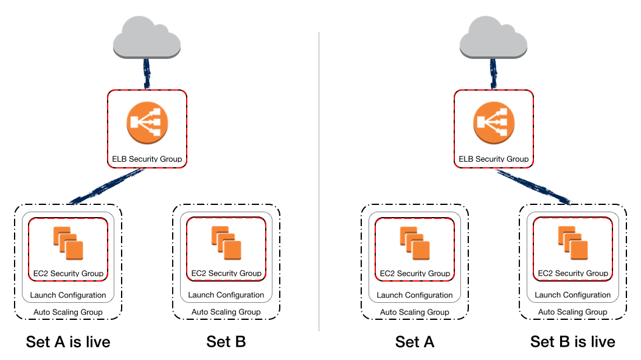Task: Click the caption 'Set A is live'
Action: click(68, 342)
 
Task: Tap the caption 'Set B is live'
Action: click(572, 342)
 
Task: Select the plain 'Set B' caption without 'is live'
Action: click(226, 342)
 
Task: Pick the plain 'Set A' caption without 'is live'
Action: click(415, 342)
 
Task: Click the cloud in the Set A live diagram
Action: click(147, 38)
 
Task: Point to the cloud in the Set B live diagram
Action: click(493, 38)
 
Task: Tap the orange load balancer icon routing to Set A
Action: click(147, 123)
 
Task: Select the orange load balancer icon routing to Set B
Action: click(493, 123)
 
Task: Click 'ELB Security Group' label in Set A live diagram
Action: click(147, 159)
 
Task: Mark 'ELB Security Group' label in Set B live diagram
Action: click(493, 159)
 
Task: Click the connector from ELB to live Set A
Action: click(107, 186)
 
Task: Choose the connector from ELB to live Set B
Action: click(533, 186)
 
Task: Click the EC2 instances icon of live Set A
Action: click(68, 243)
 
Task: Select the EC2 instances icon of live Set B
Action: click(572, 243)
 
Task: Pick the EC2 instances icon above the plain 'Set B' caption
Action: click(226, 243)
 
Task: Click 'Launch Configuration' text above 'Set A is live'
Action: click(68, 295)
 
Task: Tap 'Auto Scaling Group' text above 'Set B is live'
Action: click(572, 312)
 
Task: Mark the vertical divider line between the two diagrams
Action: click(319, 182)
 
